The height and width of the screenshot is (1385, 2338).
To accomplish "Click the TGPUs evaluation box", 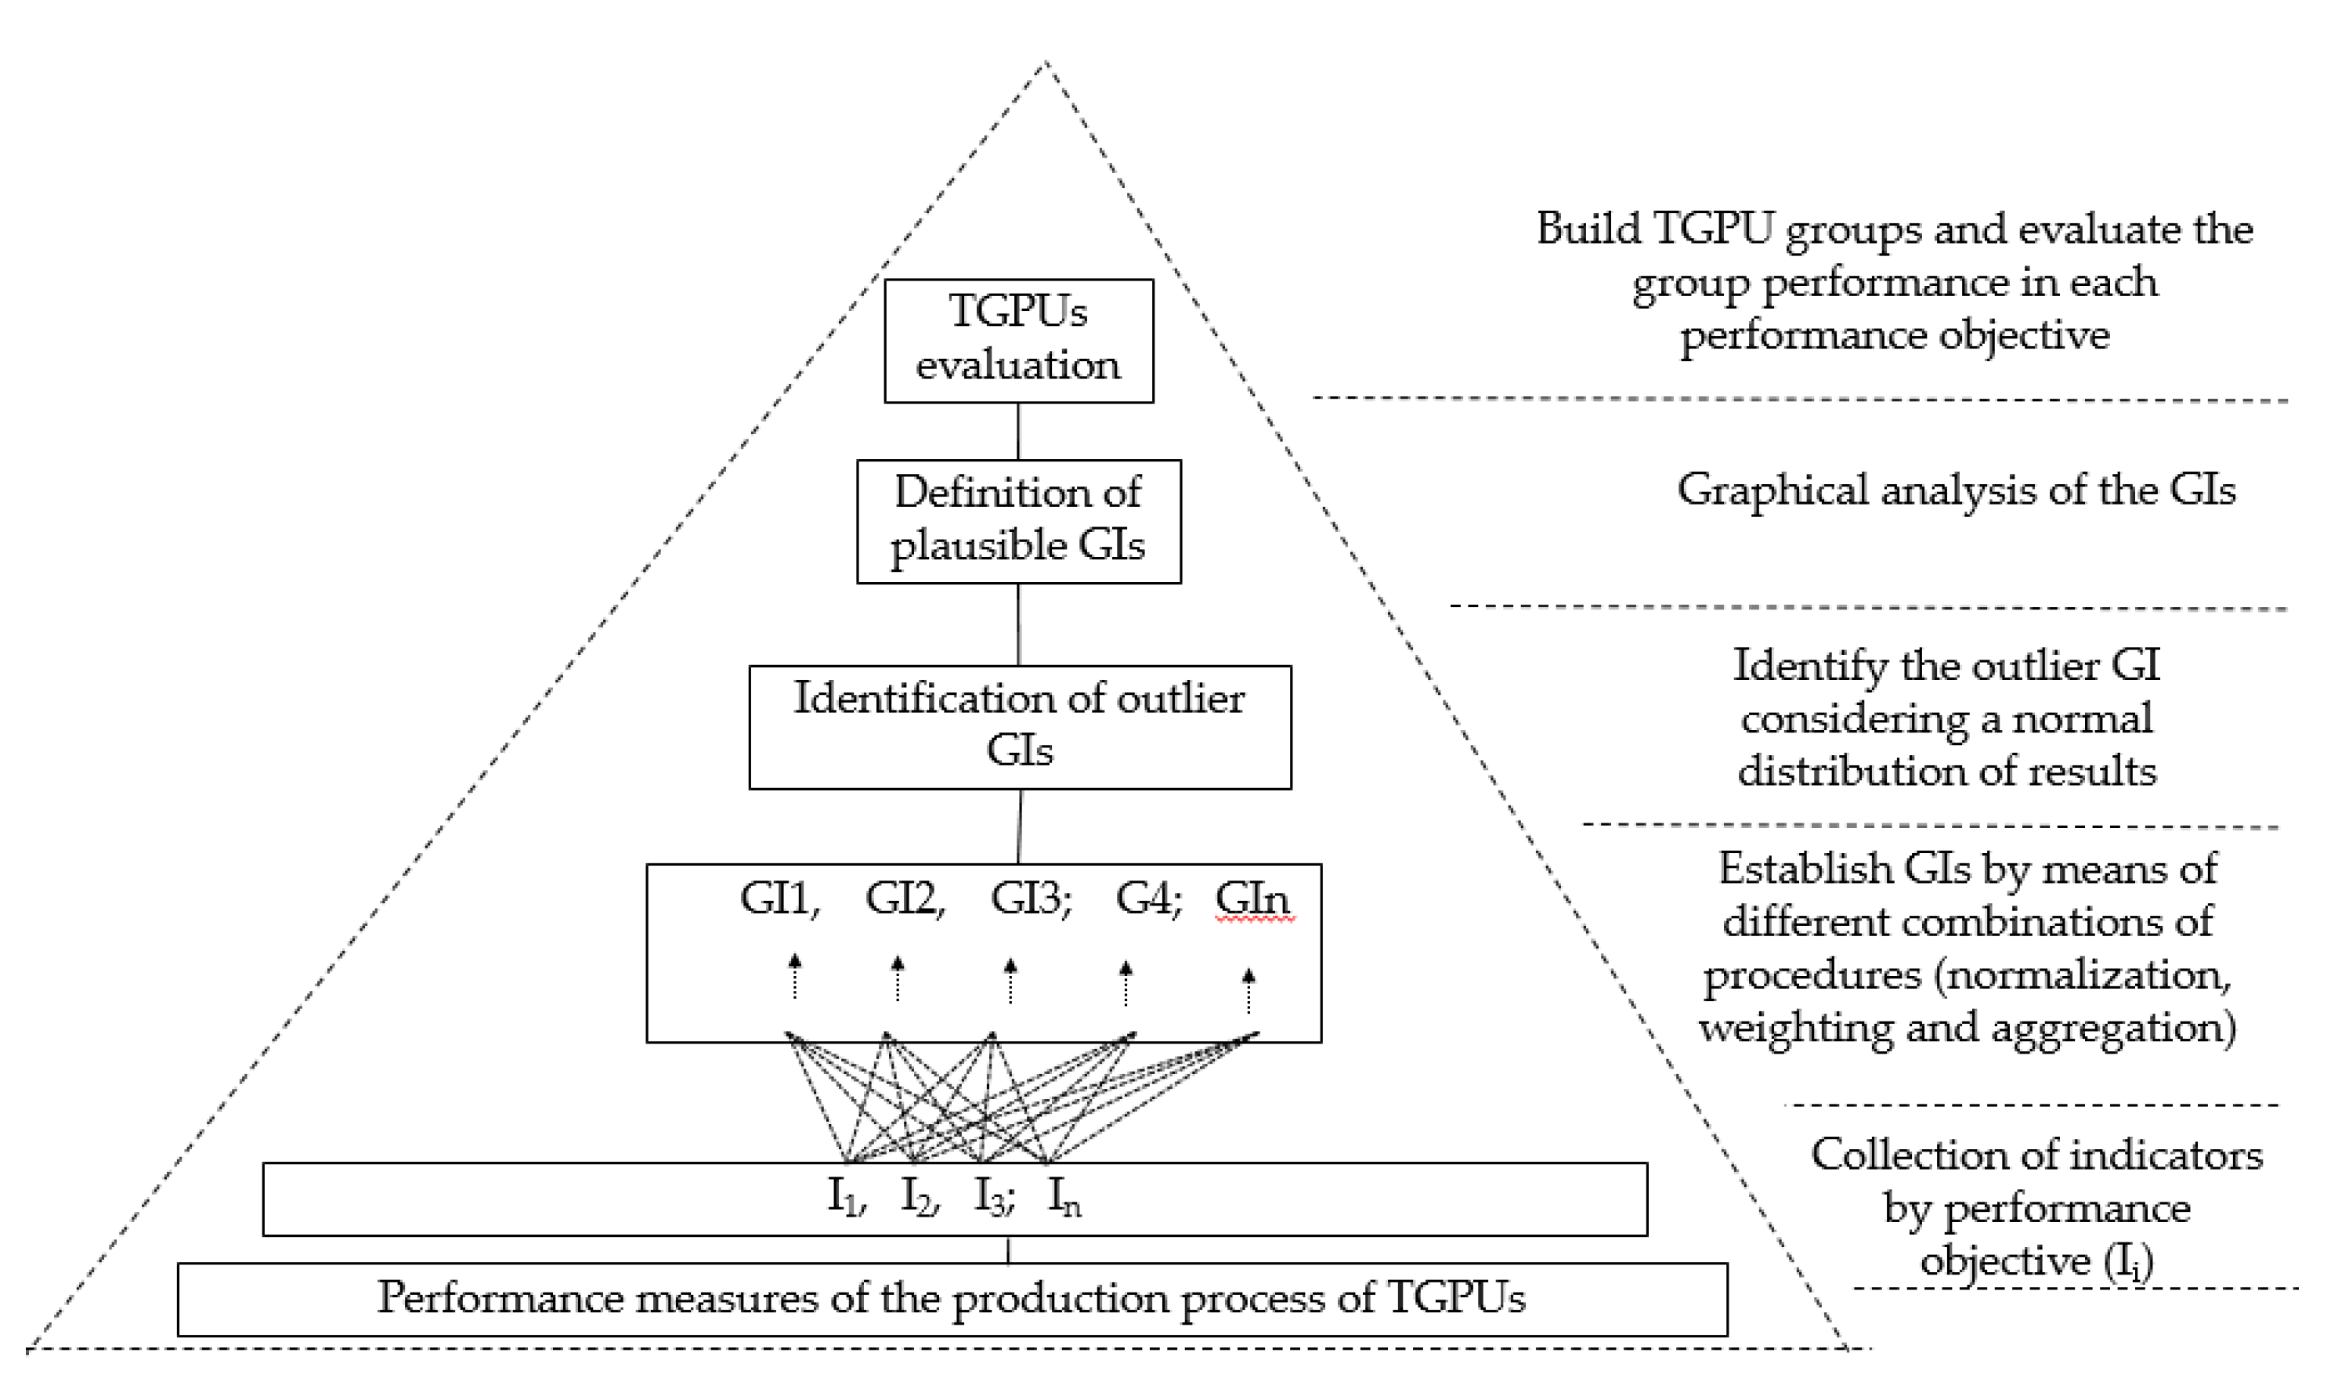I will pyautogui.click(x=1018, y=341).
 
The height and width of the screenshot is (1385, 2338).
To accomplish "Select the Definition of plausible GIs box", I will pyautogui.click(x=1018, y=521).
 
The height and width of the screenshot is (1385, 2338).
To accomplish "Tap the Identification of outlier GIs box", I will pyautogui.click(x=1019, y=726).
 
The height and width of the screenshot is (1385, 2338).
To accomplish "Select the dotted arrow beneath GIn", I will pyautogui.click(x=1248, y=991).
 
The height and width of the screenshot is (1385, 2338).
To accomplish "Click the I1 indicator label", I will pyautogui.click(x=845, y=1196).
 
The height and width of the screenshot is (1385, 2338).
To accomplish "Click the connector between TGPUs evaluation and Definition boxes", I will pyautogui.click(x=1018, y=431).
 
